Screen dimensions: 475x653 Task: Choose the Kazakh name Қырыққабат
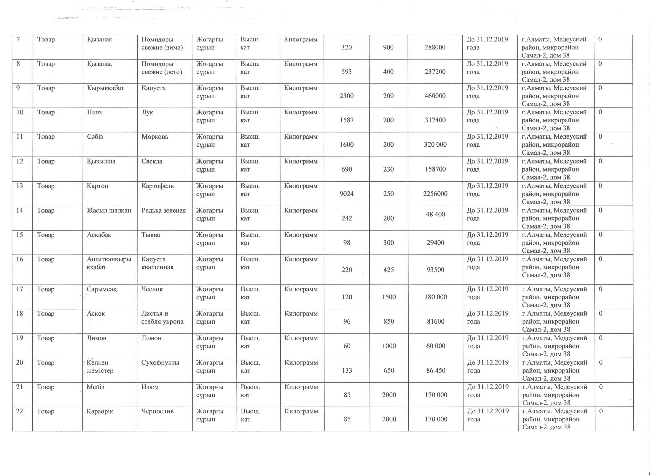coord(105,88)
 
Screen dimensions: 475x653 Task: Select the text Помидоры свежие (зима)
coord(162,44)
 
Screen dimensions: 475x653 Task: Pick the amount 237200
coord(435,72)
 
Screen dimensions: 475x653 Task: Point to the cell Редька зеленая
coord(163,210)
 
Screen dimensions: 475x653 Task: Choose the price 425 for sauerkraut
coord(388,270)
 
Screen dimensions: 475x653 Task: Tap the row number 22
coord(20,411)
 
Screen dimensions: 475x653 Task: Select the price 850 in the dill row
coord(388,322)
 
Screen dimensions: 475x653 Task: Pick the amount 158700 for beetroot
coord(435,169)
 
